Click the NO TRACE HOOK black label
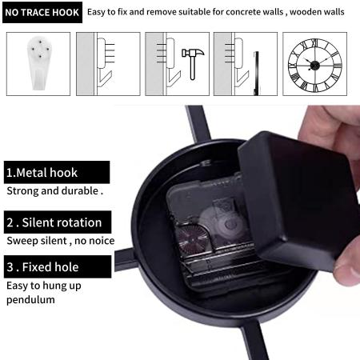point(42,12)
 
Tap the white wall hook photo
point(39,63)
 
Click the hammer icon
point(193,64)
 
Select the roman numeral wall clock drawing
point(314,66)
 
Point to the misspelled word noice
point(102,241)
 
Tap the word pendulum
point(30,300)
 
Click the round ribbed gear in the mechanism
point(191,240)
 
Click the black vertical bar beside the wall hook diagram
point(256,74)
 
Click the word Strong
point(22,191)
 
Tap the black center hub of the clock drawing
point(314,65)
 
